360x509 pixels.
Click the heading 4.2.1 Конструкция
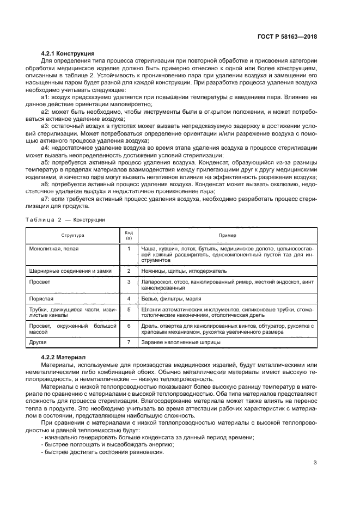68,53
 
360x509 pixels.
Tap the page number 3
315,463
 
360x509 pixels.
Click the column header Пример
227,235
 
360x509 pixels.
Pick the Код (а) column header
129,235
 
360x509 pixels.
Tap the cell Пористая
41,299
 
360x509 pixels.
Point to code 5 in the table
129,310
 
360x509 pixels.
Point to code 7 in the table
129,343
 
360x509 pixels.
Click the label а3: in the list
45,125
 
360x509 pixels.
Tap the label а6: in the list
45,185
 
